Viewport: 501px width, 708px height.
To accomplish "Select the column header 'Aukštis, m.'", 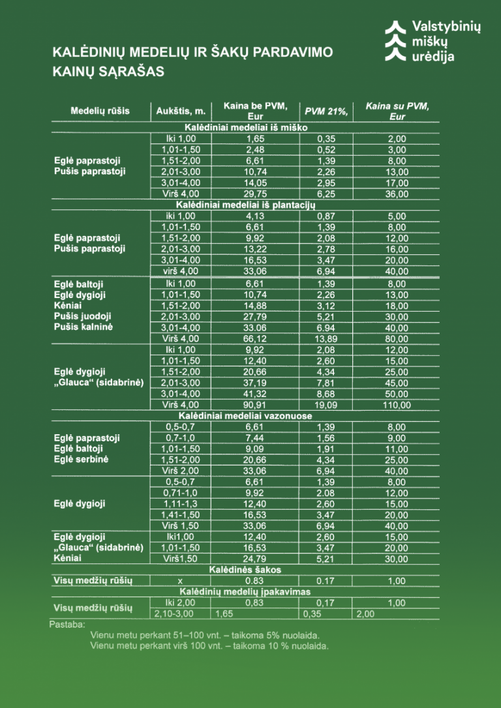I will click(181, 111).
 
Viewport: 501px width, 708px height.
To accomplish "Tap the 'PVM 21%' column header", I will click(326, 111).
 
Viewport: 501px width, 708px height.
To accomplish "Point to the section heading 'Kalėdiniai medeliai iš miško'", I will click(246, 128).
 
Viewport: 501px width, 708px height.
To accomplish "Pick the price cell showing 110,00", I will click(397, 405).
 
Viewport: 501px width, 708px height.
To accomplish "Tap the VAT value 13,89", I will click(326, 338).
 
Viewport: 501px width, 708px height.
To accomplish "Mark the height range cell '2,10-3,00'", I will click(174, 614).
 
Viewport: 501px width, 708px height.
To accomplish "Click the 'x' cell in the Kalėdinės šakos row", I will click(180, 581).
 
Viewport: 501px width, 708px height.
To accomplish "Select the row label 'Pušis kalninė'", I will click(83, 327).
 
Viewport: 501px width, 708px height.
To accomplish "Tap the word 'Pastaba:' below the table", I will click(67, 625).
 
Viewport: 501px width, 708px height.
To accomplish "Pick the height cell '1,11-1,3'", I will click(180, 504).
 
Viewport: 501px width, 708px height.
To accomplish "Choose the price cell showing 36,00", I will click(397, 194).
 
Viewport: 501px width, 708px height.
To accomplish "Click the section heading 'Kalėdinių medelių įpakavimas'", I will click(246, 592).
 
